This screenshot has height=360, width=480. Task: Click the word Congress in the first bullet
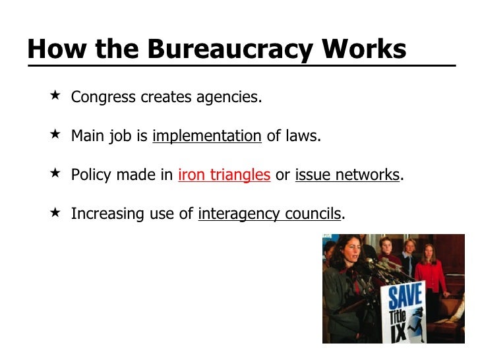(x=104, y=98)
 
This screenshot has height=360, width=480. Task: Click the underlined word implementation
(x=207, y=136)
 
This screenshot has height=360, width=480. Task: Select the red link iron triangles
(x=224, y=175)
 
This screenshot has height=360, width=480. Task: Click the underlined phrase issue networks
(x=347, y=175)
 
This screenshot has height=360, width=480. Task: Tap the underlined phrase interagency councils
(x=270, y=214)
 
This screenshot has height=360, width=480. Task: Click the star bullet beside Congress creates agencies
(x=55, y=96)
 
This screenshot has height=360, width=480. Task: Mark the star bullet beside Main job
(x=55, y=135)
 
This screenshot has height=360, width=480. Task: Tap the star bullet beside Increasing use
(x=55, y=212)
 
